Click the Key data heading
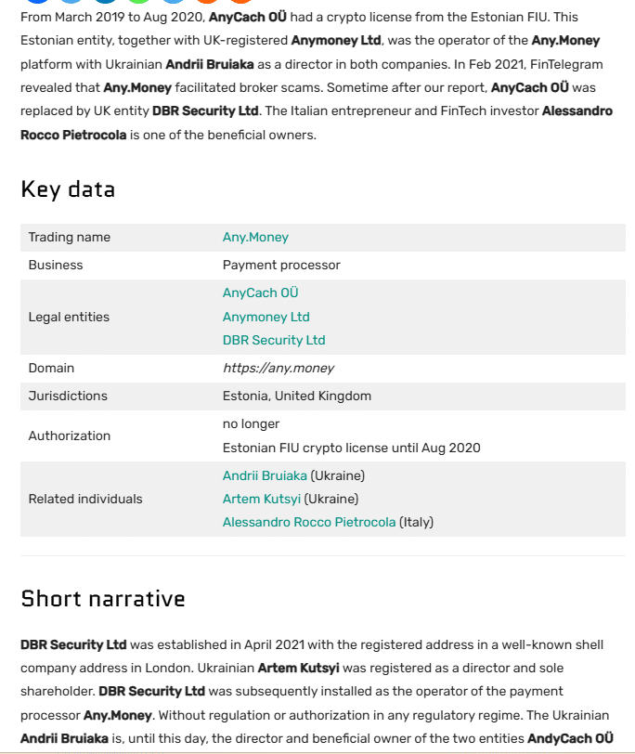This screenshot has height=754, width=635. (68, 189)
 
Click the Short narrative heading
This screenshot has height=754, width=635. (103, 599)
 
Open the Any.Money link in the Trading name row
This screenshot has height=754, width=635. (255, 238)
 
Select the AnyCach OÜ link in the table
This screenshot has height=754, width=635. (260, 292)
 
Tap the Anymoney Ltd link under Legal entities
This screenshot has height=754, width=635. (266, 317)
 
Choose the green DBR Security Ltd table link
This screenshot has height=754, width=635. (274, 341)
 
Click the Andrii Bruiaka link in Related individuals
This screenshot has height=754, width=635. (265, 475)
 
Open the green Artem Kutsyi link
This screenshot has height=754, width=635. (262, 499)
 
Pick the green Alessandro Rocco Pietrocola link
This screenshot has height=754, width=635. (309, 523)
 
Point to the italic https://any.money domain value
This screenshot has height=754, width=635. (279, 369)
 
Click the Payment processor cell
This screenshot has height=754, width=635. (281, 266)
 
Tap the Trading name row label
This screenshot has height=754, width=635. (70, 238)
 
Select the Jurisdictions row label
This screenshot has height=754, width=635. (68, 396)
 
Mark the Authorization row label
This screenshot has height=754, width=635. (70, 435)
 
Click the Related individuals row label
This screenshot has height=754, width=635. (85, 499)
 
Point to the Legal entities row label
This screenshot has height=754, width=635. (69, 317)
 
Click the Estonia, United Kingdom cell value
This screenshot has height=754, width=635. (297, 396)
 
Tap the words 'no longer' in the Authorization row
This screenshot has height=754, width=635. (251, 423)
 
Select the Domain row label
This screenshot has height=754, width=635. (51, 369)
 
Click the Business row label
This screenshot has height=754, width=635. (56, 266)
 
